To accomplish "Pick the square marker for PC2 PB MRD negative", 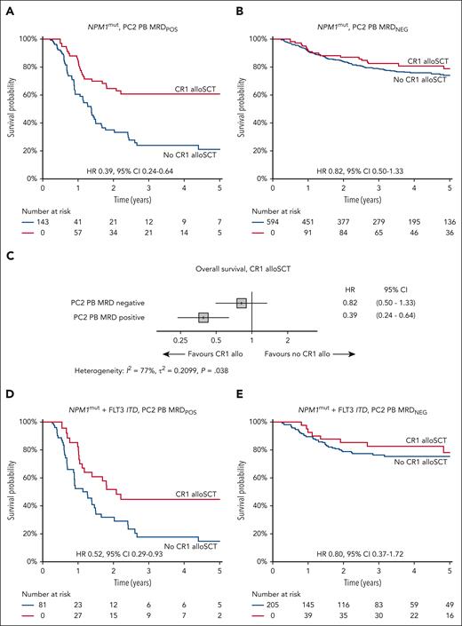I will (241, 303).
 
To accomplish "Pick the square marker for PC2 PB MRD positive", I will (203, 317).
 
